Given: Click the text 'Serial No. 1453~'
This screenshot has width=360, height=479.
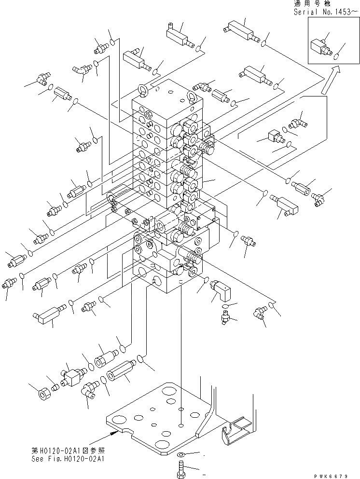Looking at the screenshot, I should click(x=327, y=12).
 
